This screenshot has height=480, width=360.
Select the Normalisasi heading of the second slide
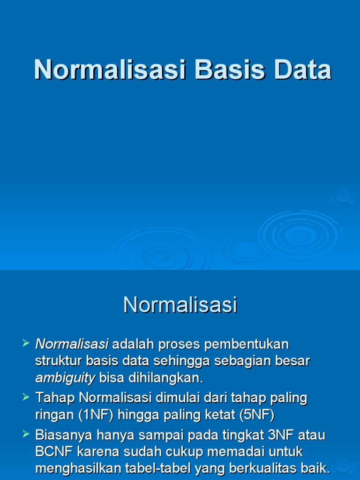click(x=180, y=305)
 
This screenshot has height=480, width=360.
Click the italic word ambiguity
click(x=65, y=378)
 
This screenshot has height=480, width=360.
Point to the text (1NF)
click(x=93, y=415)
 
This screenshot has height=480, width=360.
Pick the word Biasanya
click(x=64, y=435)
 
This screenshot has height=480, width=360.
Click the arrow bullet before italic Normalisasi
click(x=26, y=344)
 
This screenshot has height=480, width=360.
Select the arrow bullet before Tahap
click(x=26, y=398)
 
